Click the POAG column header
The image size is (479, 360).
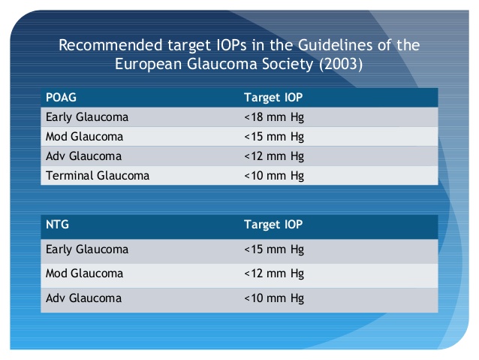pos(61,98)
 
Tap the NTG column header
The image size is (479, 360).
pos(57,225)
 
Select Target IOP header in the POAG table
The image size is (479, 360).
pos(273,98)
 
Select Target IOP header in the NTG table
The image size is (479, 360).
pos(273,225)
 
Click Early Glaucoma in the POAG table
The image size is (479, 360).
pos(87,117)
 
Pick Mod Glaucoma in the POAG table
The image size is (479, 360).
pos(84,137)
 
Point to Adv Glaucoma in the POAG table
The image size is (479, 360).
pos(83,156)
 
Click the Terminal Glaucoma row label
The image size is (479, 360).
pos(98,176)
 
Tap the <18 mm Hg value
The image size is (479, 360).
pos(274,117)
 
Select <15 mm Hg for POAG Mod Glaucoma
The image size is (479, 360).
pos(274,137)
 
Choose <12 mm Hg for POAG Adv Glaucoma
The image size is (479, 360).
pos(274,156)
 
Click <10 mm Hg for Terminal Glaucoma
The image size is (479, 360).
pos(274,176)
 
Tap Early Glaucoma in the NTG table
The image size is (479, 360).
pos(87,250)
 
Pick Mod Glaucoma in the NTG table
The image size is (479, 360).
pos(84,273)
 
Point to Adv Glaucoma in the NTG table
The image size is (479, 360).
pos(83,298)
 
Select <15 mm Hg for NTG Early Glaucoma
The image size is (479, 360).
pos(274,250)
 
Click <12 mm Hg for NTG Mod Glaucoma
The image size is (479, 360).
pos(274,274)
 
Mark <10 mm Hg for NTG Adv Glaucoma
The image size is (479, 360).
pos(274,298)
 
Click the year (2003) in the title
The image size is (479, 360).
pos(341,64)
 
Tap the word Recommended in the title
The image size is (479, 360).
pos(110,45)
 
